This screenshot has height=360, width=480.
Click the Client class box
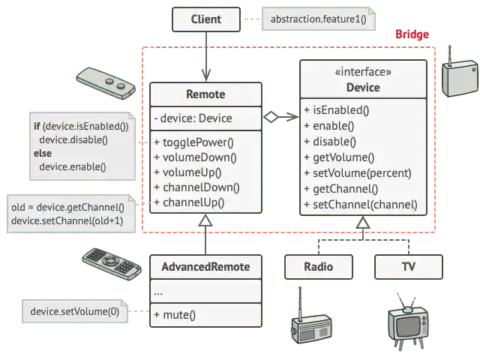tap(205, 19)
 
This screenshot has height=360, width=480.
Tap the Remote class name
tap(205, 94)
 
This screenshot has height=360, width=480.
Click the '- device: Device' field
tap(193, 118)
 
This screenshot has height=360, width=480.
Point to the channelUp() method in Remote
tap(189, 202)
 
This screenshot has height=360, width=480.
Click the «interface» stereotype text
tap(363, 73)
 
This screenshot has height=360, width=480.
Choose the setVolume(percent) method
tap(358, 172)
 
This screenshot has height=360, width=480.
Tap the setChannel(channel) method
tap(361, 205)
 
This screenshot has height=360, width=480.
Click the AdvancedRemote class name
tap(205, 267)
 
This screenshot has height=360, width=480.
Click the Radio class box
tap(318, 267)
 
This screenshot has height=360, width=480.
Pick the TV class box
tap(409, 267)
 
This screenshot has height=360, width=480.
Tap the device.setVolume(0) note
tap(74, 311)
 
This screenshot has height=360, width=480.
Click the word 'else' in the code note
tap(43, 153)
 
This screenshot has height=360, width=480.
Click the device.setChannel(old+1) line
tap(67, 221)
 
